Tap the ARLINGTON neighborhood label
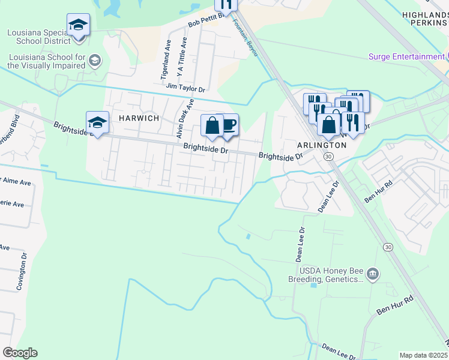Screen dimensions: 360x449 pos(322,145)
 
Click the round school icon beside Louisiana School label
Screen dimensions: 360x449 pos(95,61)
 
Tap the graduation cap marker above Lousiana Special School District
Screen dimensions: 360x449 pos(78,25)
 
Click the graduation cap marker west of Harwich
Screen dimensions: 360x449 pos(97,124)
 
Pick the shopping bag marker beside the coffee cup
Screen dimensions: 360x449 pos(211,126)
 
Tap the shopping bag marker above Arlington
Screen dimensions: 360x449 pos(328,125)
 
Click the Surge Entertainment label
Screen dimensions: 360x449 pos(406,57)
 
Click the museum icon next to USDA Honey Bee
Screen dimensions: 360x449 pos(373,274)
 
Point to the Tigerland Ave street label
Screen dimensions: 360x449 pos(167,61)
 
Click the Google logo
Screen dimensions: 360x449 pos(20,353)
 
